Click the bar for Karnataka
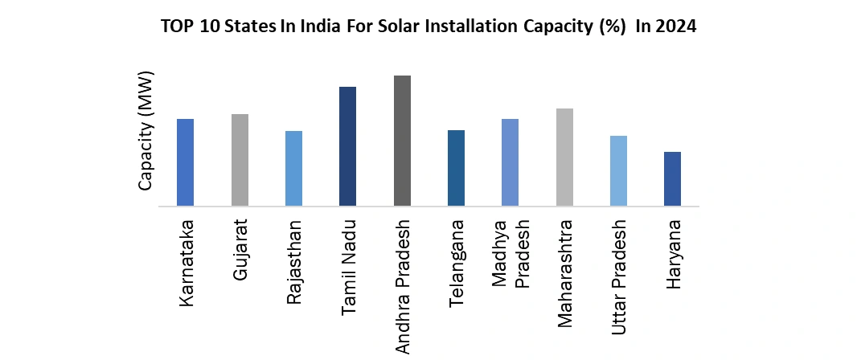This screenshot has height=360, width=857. (186, 162)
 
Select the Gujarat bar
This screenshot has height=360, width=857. (240, 160)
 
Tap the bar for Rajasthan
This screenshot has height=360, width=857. (293, 168)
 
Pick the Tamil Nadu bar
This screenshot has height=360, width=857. (348, 146)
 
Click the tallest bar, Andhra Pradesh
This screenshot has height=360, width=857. (402, 141)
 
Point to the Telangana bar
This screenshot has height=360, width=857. (456, 168)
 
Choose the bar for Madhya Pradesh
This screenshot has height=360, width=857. (510, 162)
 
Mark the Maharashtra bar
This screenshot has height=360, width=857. (564, 157)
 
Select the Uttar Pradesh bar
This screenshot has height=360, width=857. (618, 170)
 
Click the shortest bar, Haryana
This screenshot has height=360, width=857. (672, 178)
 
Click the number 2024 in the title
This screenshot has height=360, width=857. (677, 27)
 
